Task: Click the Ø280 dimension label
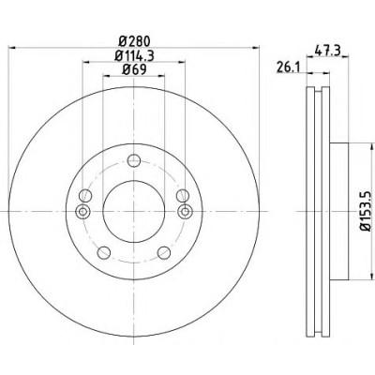tap(134, 41)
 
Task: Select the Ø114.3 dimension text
tap(134, 55)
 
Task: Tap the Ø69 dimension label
tap(134, 69)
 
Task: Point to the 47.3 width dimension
tap(327, 50)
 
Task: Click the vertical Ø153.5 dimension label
tap(365, 212)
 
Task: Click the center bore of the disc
tap(134, 212)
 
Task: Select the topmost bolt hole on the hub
tap(134, 161)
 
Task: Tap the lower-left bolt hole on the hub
tap(104, 252)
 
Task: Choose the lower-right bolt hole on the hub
tap(164, 252)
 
